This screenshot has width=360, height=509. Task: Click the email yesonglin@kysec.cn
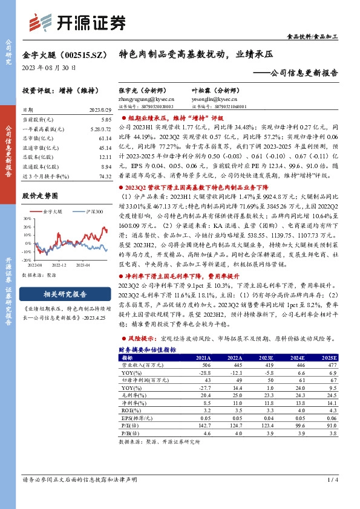tap(207, 97)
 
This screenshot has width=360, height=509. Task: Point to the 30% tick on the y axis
tap(28, 220)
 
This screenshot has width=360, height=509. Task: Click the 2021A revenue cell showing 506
tap(206, 365)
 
